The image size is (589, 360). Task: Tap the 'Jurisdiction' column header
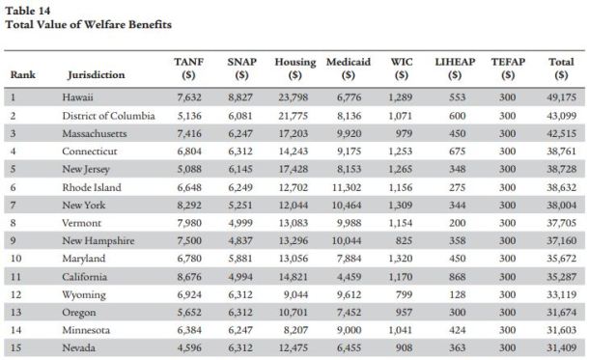point(97,75)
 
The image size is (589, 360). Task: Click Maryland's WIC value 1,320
point(399,257)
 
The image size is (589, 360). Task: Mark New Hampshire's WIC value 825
point(401,239)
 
